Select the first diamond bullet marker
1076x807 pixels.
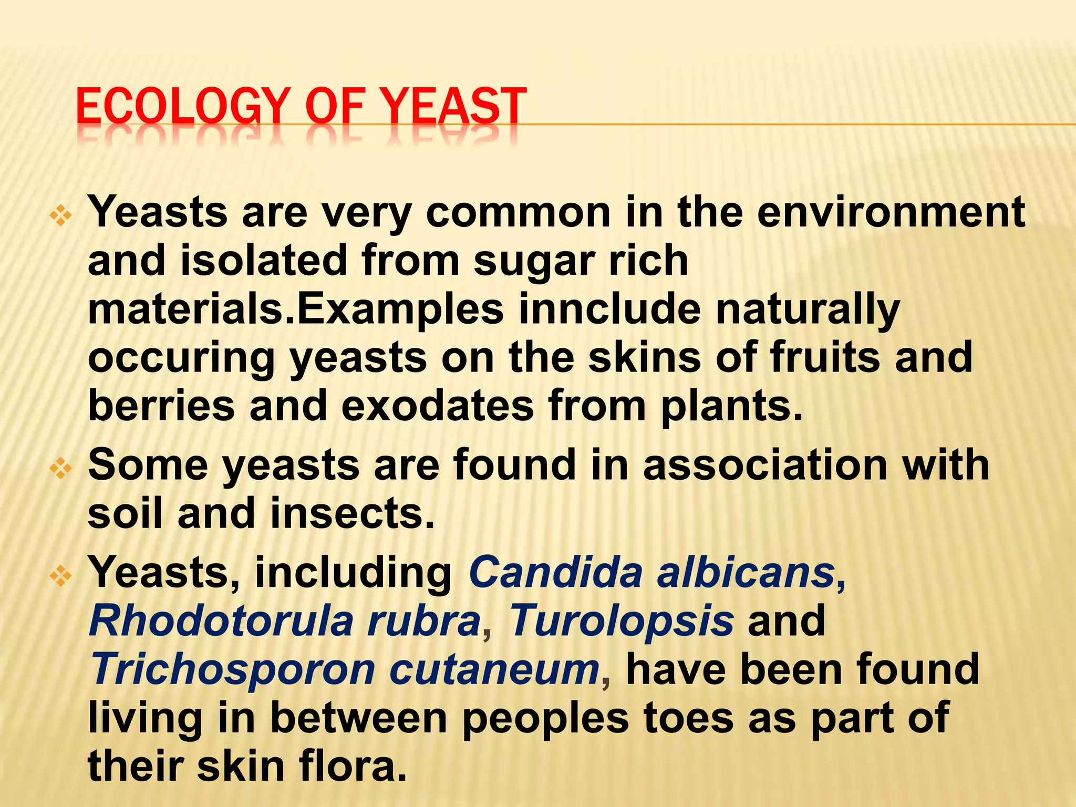pyautogui.click(x=61, y=216)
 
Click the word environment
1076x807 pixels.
pyautogui.click(x=891, y=212)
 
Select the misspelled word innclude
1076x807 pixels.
pyautogui.click(x=610, y=309)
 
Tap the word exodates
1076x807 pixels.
pyautogui.click(x=437, y=406)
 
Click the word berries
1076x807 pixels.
pyautogui.click(x=161, y=406)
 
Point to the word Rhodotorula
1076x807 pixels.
pyautogui.click(x=221, y=620)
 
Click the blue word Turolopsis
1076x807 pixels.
pyautogui.click(x=622, y=620)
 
